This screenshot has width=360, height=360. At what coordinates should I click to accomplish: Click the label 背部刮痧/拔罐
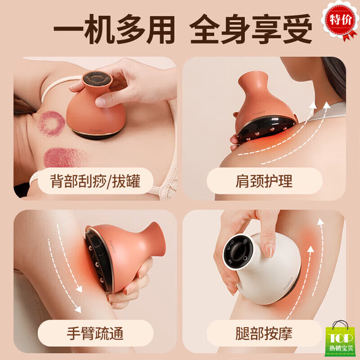[95, 181]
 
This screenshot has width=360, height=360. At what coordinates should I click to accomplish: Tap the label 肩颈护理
[264, 181]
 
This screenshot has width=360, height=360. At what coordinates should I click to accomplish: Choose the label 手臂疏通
[95, 333]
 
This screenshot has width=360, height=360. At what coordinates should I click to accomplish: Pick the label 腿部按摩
[264, 333]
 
